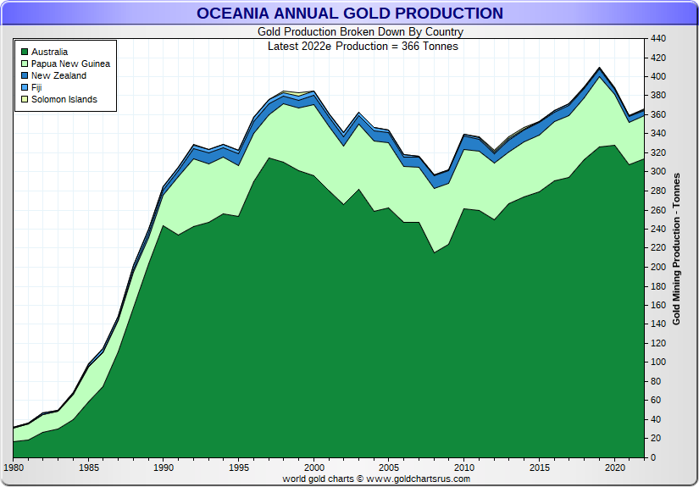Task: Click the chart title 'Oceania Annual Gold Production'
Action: (x=349, y=13)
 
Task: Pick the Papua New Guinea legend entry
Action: (x=70, y=64)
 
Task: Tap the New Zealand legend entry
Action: (x=58, y=75)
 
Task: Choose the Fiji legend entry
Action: (x=36, y=87)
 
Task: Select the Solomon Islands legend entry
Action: (x=64, y=99)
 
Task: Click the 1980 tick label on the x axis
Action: (x=14, y=468)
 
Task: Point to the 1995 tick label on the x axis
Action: (x=239, y=468)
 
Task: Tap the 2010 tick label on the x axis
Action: (x=464, y=468)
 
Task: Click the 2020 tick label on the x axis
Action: (x=614, y=468)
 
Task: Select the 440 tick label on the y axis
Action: (x=659, y=38)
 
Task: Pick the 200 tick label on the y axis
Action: (x=659, y=267)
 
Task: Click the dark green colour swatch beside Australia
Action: (x=25, y=52)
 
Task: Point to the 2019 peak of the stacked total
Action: (x=600, y=68)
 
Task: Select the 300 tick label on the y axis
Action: (x=659, y=172)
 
